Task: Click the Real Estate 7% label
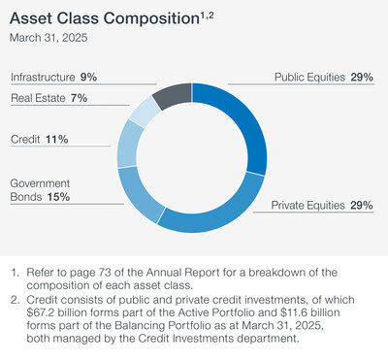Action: (x=49, y=98)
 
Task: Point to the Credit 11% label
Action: (x=39, y=139)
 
